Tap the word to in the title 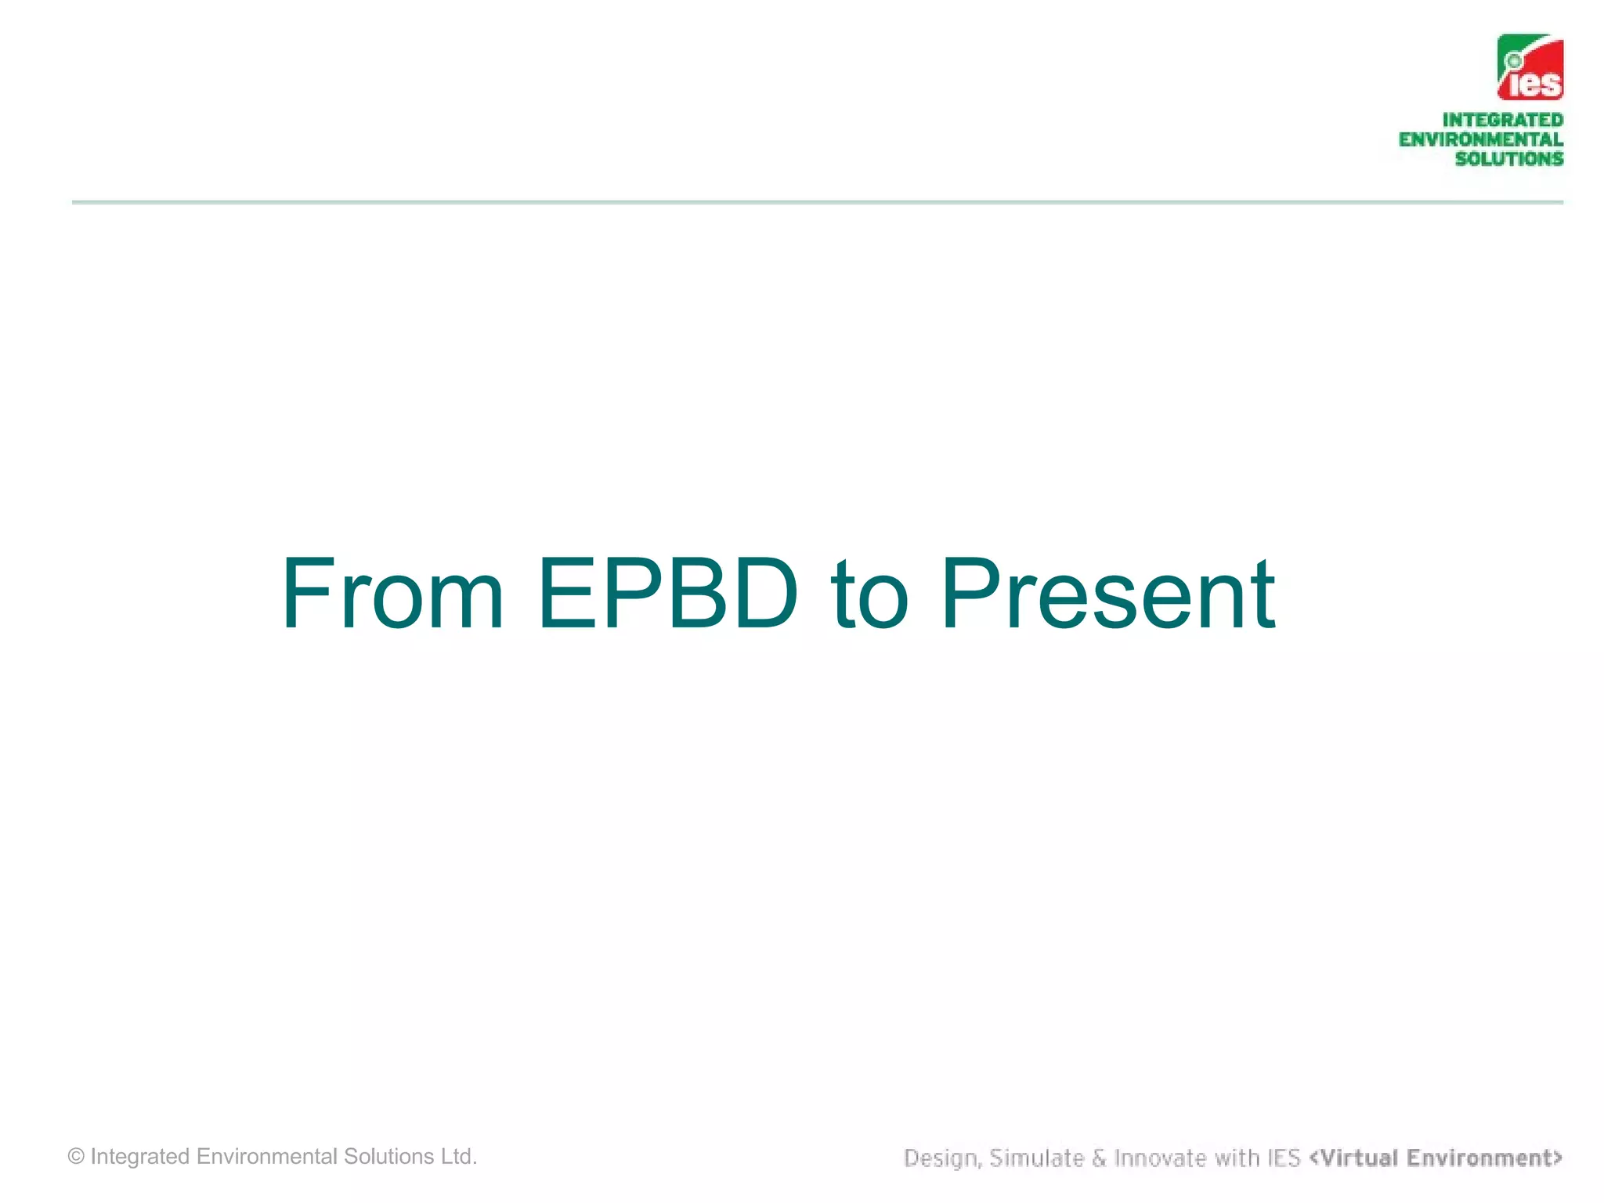[x=869, y=595]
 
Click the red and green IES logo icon [x=1530, y=67]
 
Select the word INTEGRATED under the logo [x=1502, y=120]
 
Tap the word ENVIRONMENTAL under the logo [x=1480, y=139]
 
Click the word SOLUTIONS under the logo [x=1508, y=159]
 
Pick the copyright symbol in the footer [x=76, y=1157]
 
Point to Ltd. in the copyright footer [x=458, y=1157]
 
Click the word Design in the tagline [x=941, y=1158]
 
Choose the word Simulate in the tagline [x=1035, y=1158]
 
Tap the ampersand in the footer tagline [x=1099, y=1158]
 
